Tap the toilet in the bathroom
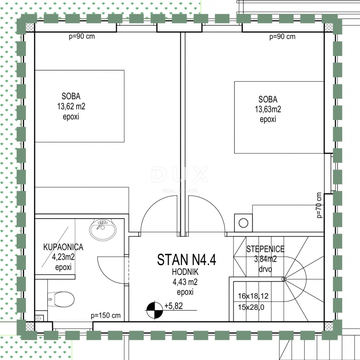(61, 299)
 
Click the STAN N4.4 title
(186, 260)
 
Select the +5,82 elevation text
(174, 306)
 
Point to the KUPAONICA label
(63, 247)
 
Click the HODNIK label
(185, 272)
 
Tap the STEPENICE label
(265, 249)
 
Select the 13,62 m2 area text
(71, 106)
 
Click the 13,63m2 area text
(268, 109)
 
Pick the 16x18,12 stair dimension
(253, 296)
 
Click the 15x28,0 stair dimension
(251, 307)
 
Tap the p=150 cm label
(106, 316)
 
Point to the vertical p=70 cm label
(319, 205)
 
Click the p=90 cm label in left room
(82, 36)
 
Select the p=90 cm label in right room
(282, 37)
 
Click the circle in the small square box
(243, 223)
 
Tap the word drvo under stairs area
(265, 269)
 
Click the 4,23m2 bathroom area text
(63, 257)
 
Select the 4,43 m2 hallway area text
(185, 282)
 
